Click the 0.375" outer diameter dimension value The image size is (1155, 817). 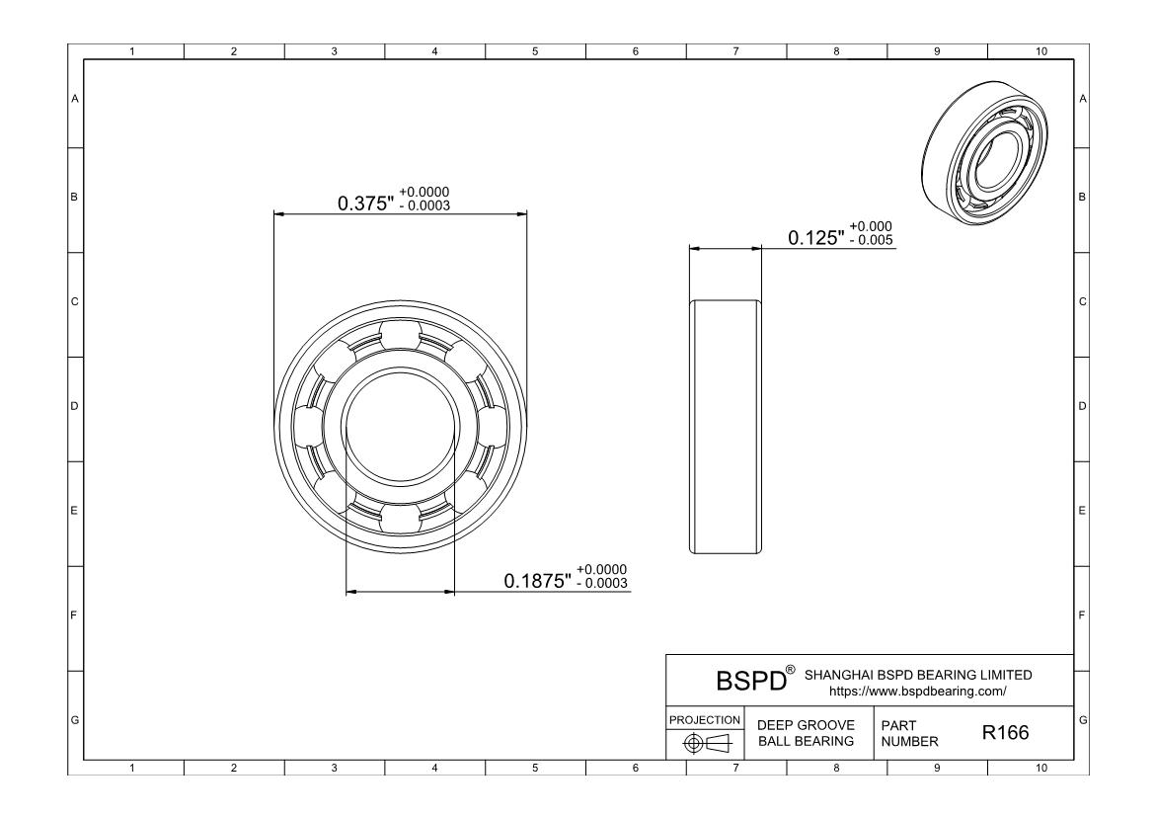click(x=366, y=203)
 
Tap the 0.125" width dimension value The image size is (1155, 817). click(x=816, y=237)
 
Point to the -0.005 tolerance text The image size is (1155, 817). click(x=872, y=240)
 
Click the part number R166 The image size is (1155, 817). click(x=1006, y=732)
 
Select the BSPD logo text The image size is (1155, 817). click(x=752, y=681)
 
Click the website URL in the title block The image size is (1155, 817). click(x=918, y=692)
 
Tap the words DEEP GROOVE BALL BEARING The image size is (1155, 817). click(x=806, y=733)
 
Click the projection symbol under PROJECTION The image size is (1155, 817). click(x=707, y=743)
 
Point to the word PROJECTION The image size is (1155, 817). click(x=705, y=719)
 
